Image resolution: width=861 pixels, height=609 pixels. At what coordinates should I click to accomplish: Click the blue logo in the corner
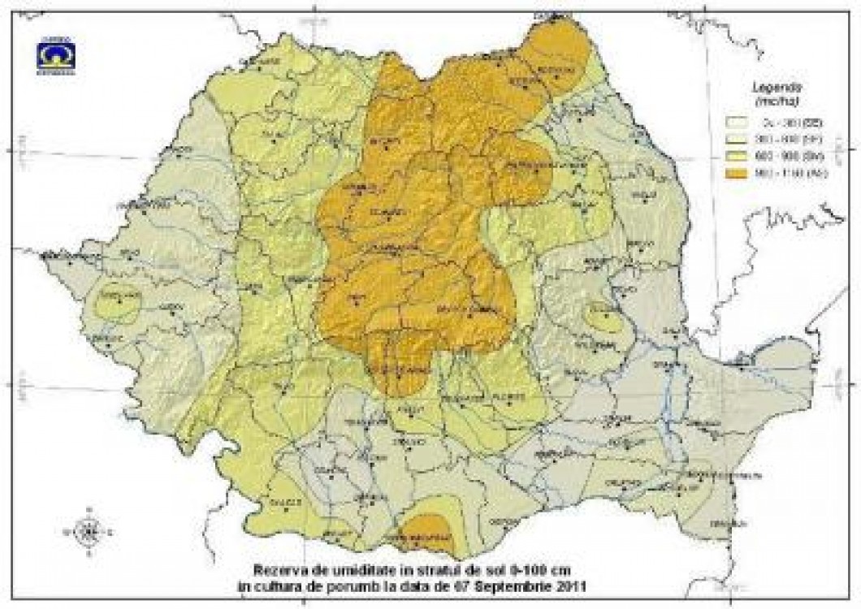point(55,56)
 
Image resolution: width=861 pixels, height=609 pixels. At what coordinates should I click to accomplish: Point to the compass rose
point(87,531)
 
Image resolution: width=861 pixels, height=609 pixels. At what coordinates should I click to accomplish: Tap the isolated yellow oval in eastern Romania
point(604,318)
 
